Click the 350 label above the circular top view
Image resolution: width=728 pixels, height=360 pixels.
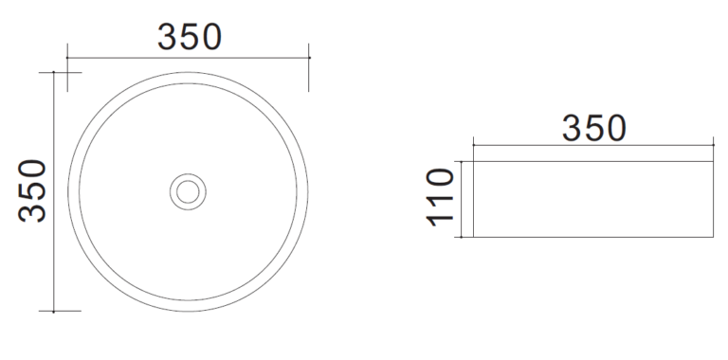point(190,37)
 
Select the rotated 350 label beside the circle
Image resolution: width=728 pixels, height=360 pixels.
point(32,190)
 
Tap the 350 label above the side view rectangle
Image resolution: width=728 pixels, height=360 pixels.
point(593,129)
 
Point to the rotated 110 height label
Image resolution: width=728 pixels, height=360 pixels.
point(440,197)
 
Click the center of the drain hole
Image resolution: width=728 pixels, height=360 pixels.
point(188,191)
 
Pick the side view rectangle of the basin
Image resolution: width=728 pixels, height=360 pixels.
point(592,200)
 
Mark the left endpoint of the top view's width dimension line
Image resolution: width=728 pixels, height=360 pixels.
point(67,58)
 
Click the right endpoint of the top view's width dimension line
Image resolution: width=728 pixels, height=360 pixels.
point(309,58)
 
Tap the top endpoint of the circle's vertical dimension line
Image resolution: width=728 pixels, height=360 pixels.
point(54,72)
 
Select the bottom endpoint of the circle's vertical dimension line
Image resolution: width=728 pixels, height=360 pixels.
point(54,312)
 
